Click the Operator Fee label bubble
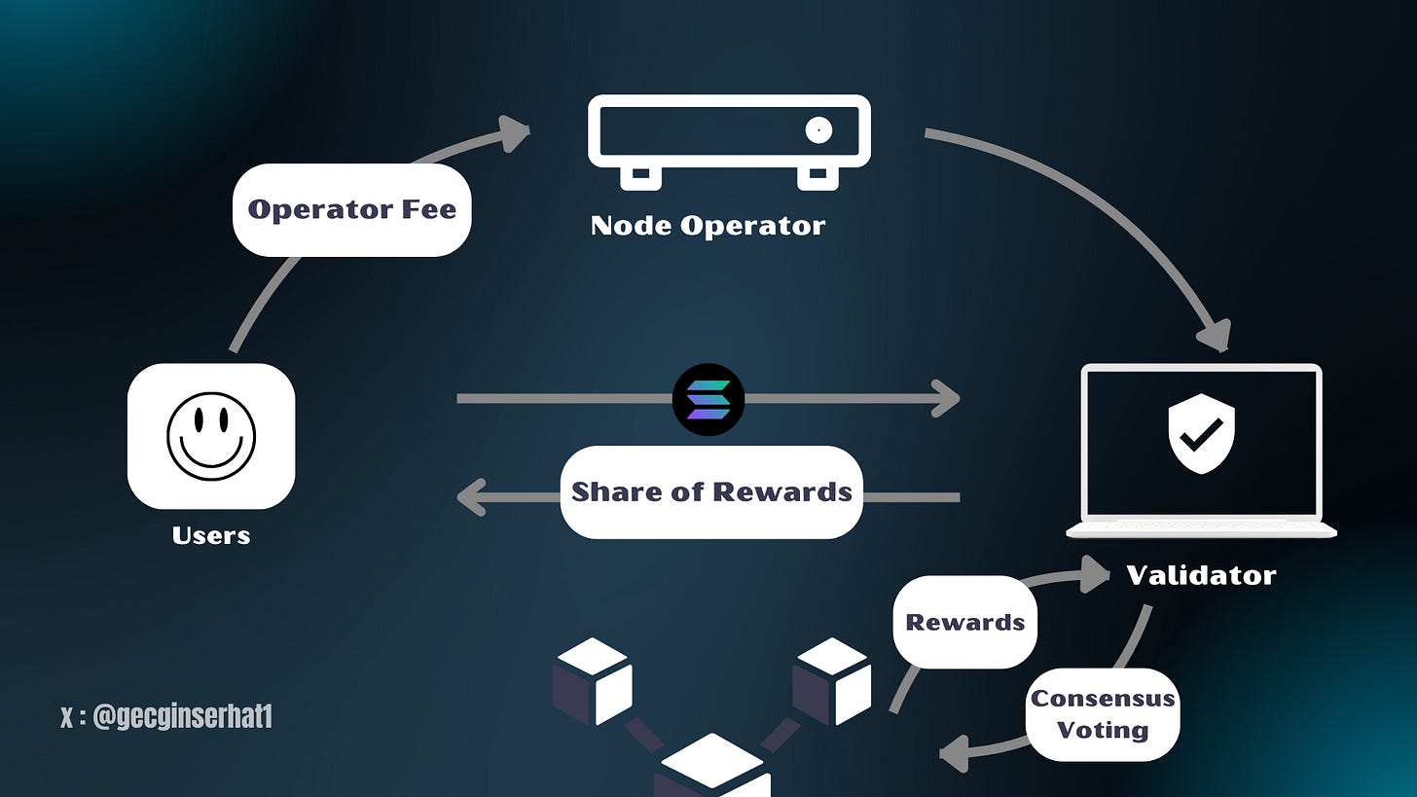click(x=351, y=209)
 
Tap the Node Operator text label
click(x=708, y=226)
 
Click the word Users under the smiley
click(x=211, y=535)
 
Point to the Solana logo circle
click(x=708, y=399)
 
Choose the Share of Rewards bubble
click(x=711, y=491)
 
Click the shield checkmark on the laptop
click(x=1201, y=433)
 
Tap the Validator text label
click(x=1201, y=575)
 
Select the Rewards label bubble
click(x=964, y=622)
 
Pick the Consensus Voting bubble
click(x=1103, y=713)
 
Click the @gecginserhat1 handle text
click(x=166, y=718)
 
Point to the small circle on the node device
click(x=818, y=129)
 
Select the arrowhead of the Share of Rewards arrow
click(x=471, y=496)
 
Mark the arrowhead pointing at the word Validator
click(x=1097, y=574)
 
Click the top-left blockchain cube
click(x=593, y=680)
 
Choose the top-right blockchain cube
click(x=831, y=680)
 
